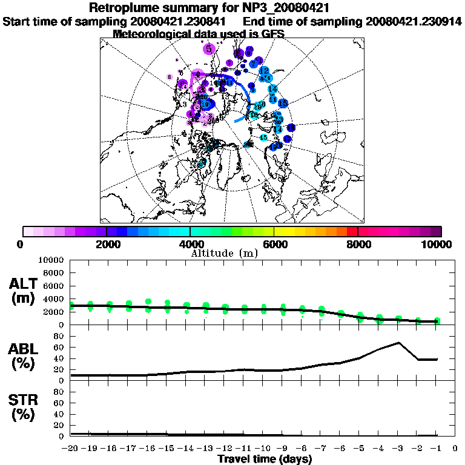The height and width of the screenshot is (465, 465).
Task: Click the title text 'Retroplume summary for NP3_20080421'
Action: click(x=209, y=8)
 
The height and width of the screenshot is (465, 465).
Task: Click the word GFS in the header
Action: click(x=272, y=34)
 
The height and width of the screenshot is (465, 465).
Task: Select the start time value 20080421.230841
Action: click(x=183, y=22)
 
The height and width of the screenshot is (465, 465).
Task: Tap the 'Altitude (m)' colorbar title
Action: click(x=225, y=252)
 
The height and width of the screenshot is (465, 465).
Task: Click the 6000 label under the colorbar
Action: click(x=274, y=244)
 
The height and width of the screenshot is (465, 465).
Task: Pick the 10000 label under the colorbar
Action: click(x=437, y=244)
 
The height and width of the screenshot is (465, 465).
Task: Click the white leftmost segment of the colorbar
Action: click(x=28, y=231)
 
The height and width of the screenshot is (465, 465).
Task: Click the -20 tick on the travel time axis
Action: click(x=70, y=449)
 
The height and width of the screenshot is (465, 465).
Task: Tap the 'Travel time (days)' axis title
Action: click(x=265, y=459)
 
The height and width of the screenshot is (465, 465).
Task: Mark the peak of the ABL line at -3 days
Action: click(x=398, y=343)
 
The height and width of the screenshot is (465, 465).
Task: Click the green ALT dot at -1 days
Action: click(x=437, y=320)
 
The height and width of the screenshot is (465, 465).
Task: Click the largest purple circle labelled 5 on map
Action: click(x=209, y=48)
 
